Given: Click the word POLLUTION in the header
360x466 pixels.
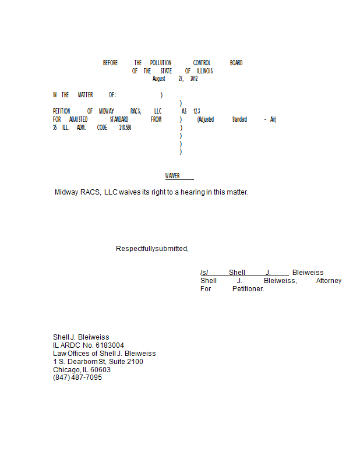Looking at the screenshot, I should [x=161, y=63].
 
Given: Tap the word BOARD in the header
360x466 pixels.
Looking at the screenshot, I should [x=236, y=63].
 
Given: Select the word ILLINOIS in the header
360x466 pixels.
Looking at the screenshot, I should [x=204, y=71].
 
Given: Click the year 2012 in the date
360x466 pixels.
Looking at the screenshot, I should [x=193, y=79].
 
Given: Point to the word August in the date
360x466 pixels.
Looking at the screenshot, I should [x=159, y=79].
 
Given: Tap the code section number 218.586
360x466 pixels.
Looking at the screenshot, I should [x=125, y=128].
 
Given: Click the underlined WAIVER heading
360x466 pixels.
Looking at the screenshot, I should [x=172, y=176].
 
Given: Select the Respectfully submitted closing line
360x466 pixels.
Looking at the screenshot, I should [x=152, y=249].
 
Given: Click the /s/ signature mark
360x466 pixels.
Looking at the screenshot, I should [x=204, y=273].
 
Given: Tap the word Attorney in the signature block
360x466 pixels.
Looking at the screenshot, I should [x=329, y=281].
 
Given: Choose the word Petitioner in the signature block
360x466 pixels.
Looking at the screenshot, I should [x=248, y=289].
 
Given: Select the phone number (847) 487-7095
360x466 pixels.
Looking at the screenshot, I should [x=77, y=377].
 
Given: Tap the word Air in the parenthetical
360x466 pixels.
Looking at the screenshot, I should [x=273, y=119].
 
